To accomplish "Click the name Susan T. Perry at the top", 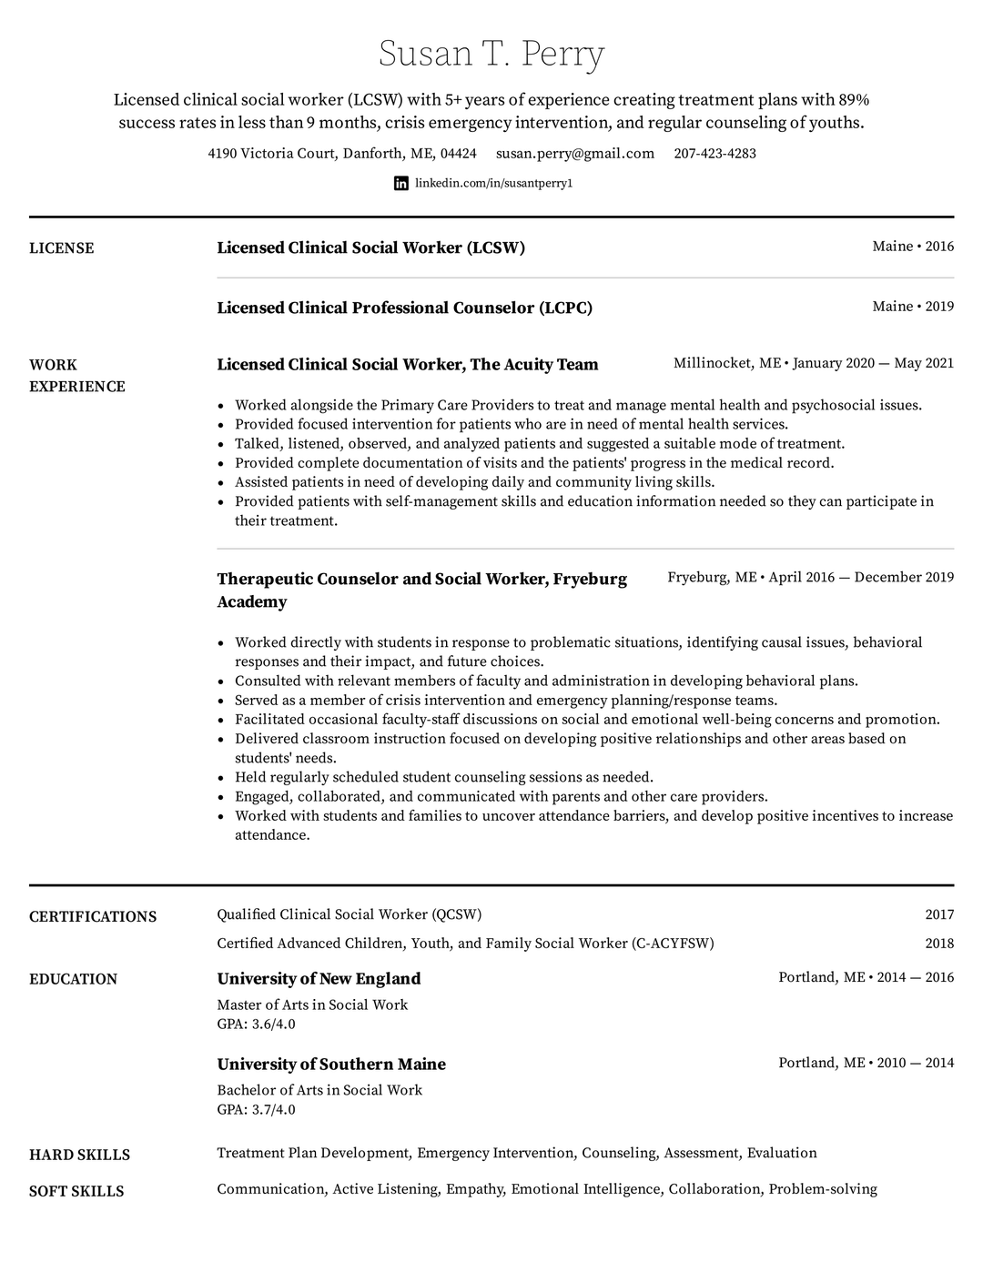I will (x=491, y=55).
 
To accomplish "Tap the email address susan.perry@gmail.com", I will (x=575, y=154).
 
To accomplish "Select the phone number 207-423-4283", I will (x=714, y=154).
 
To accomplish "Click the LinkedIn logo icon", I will (x=401, y=183).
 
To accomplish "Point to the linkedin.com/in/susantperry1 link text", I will (x=494, y=183).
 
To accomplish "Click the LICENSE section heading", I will (x=62, y=248).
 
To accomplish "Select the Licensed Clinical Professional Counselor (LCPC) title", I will (x=404, y=308).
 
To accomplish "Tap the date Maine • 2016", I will (x=913, y=247).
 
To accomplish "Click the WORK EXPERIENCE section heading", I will (x=76, y=375).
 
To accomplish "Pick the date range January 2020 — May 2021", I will (x=873, y=363).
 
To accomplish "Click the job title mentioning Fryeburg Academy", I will (x=421, y=590).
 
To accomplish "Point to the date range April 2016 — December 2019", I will (x=861, y=577).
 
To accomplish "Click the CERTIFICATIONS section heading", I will (x=93, y=916).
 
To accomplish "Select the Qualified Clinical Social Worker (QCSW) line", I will (x=349, y=914).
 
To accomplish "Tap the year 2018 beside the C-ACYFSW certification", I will (x=939, y=944).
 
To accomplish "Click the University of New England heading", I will (x=319, y=979).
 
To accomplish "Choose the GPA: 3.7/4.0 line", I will (x=256, y=1110).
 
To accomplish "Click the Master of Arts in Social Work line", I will (x=312, y=1004).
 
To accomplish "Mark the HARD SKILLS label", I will (x=79, y=1155).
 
